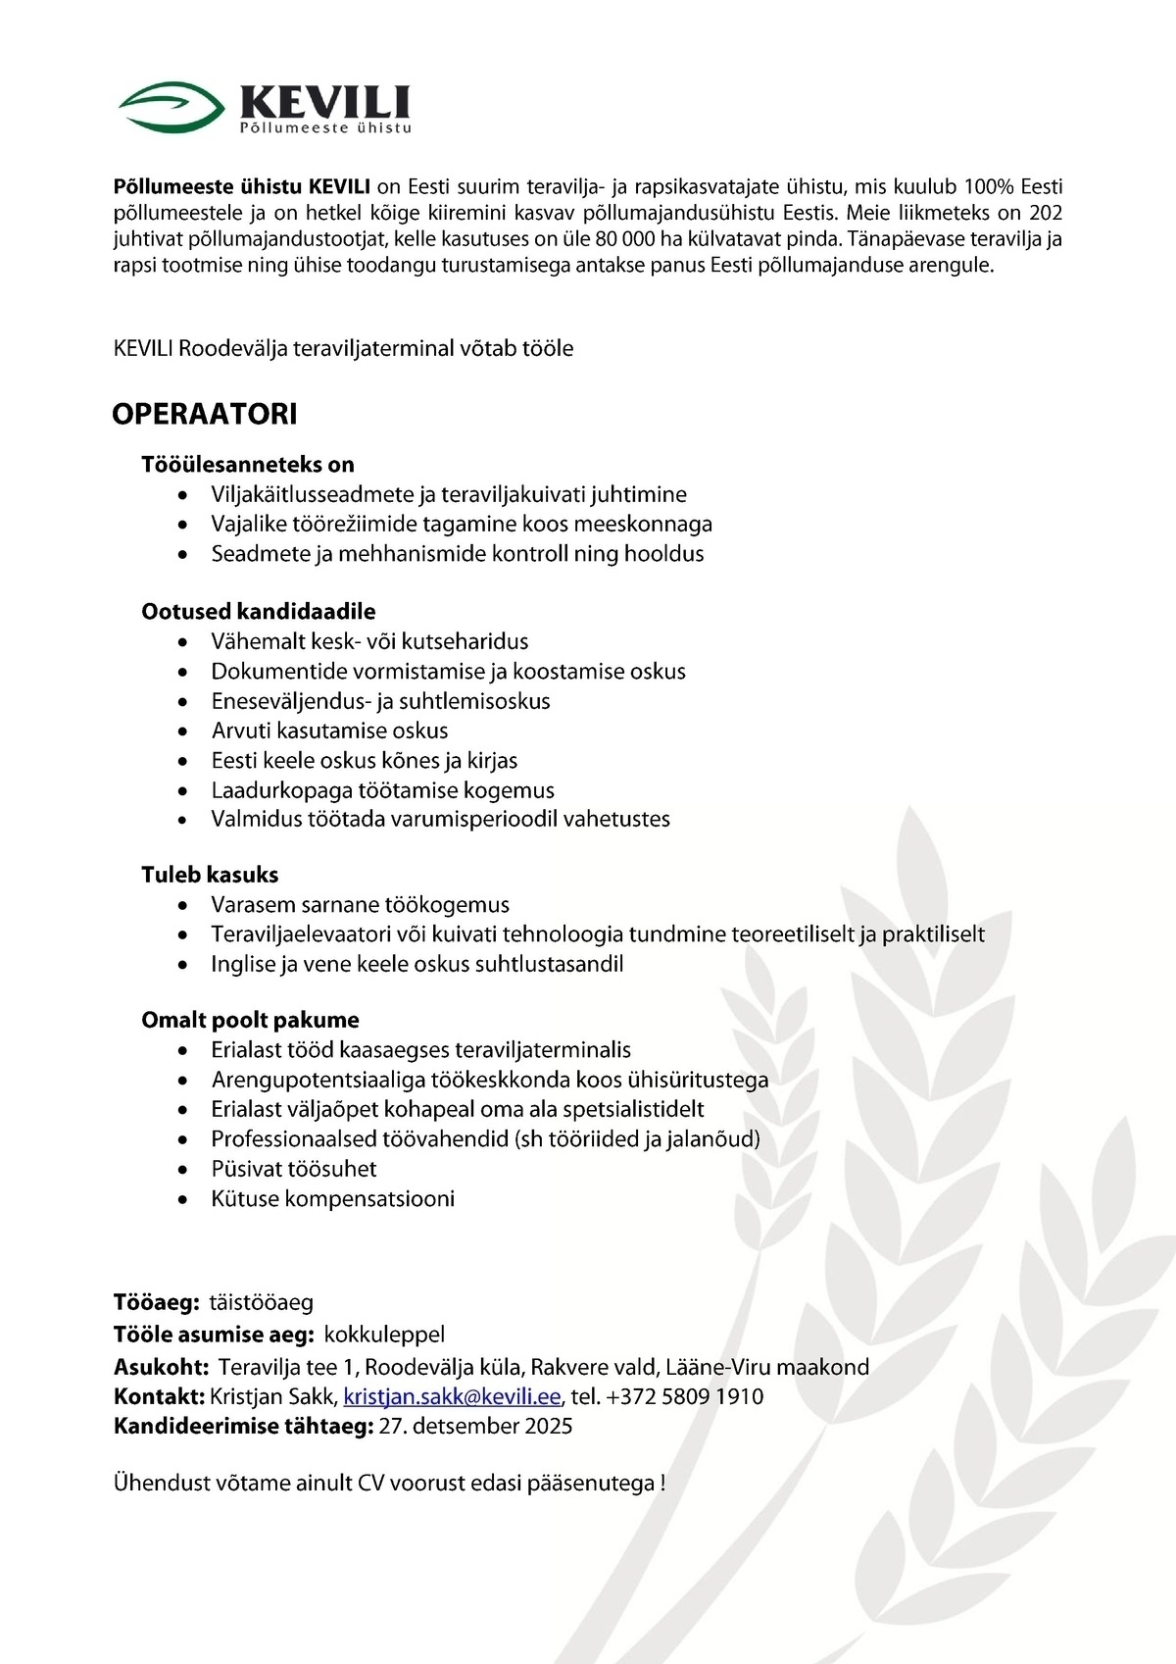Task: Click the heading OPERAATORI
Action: (205, 414)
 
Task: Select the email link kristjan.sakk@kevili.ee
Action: (452, 1396)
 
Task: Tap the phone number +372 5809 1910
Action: (685, 1396)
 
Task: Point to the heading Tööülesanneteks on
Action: (248, 465)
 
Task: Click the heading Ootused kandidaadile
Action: (259, 612)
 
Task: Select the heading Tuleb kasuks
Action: (210, 875)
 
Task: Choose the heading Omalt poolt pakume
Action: (251, 1020)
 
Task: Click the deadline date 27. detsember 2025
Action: (475, 1426)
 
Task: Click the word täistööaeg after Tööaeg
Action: (262, 1303)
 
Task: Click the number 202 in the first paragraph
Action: (1047, 213)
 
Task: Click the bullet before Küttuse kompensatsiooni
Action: (183, 1199)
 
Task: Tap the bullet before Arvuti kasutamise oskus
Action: (183, 731)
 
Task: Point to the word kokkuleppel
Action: (384, 1335)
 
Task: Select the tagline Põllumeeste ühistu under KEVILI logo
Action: (326, 128)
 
